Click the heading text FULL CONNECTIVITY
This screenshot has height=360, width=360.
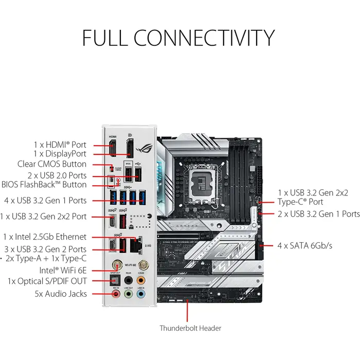point(178,39)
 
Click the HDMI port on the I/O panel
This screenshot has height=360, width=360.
point(112,149)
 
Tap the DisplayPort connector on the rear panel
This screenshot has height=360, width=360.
point(131,149)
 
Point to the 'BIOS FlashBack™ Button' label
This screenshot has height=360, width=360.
point(44,185)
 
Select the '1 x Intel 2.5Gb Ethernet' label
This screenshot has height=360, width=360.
point(45,237)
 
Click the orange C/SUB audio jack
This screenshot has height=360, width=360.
point(141,279)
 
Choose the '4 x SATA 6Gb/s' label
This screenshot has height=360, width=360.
point(305,245)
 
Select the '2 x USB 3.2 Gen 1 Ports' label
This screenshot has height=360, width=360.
point(318,213)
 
